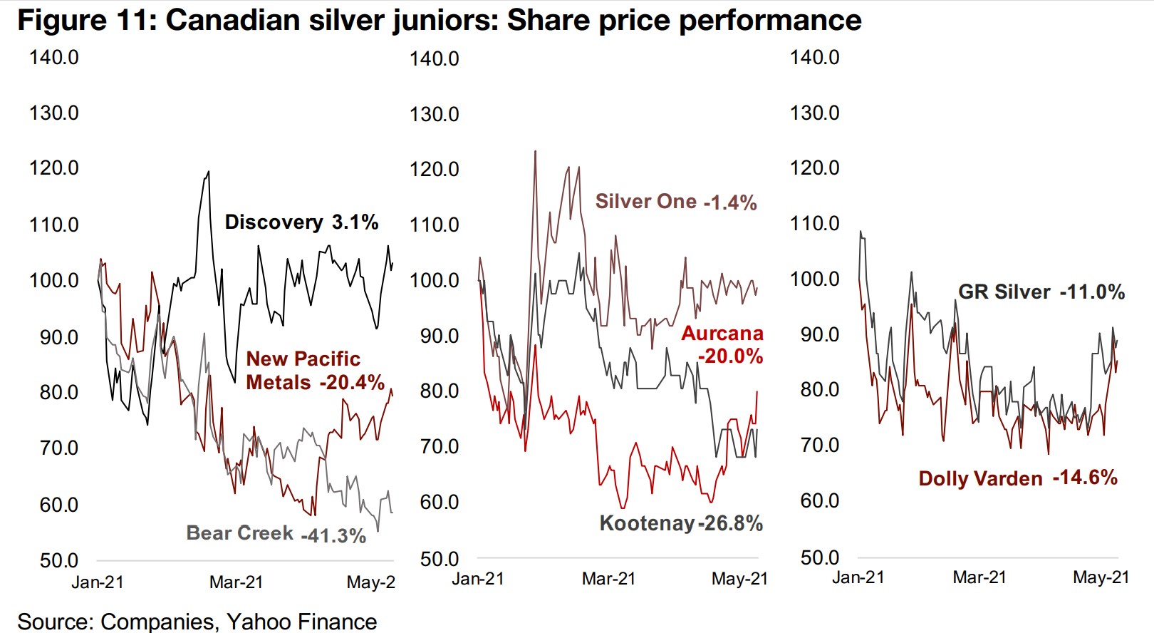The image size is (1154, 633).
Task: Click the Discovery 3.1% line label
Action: click(x=301, y=222)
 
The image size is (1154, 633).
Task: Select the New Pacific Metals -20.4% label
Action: click(x=315, y=371)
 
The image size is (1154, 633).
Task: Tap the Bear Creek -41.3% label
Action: click(x=276, y=534)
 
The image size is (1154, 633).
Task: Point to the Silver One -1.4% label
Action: click(x=676, y=202)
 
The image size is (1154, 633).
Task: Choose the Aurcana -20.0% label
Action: click(x=722, y=344)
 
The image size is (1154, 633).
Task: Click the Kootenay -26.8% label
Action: click(x=681, y=523)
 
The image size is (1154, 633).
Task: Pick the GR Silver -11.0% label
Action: click(x=1041, y=292)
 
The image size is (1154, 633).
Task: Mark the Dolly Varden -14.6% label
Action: click(x=1018, y=478)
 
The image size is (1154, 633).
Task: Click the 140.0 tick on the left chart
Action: click(x=54, y=57)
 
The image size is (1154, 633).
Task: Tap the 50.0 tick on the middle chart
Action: click(x=440, y=559)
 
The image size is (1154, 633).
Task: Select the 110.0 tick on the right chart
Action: click(x=815, y=224)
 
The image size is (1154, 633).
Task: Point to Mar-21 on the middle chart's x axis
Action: click(x=608, y=579)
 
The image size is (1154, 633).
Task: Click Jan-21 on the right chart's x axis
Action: click(x=858, y=577)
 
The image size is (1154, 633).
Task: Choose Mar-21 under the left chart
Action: click(x=236, y=582)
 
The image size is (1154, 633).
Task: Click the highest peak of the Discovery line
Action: click(x=208, y=171)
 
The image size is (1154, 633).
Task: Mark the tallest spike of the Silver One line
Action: click(x=535, y=151)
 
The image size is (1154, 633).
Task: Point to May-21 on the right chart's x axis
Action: click(x=1101, y=577)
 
